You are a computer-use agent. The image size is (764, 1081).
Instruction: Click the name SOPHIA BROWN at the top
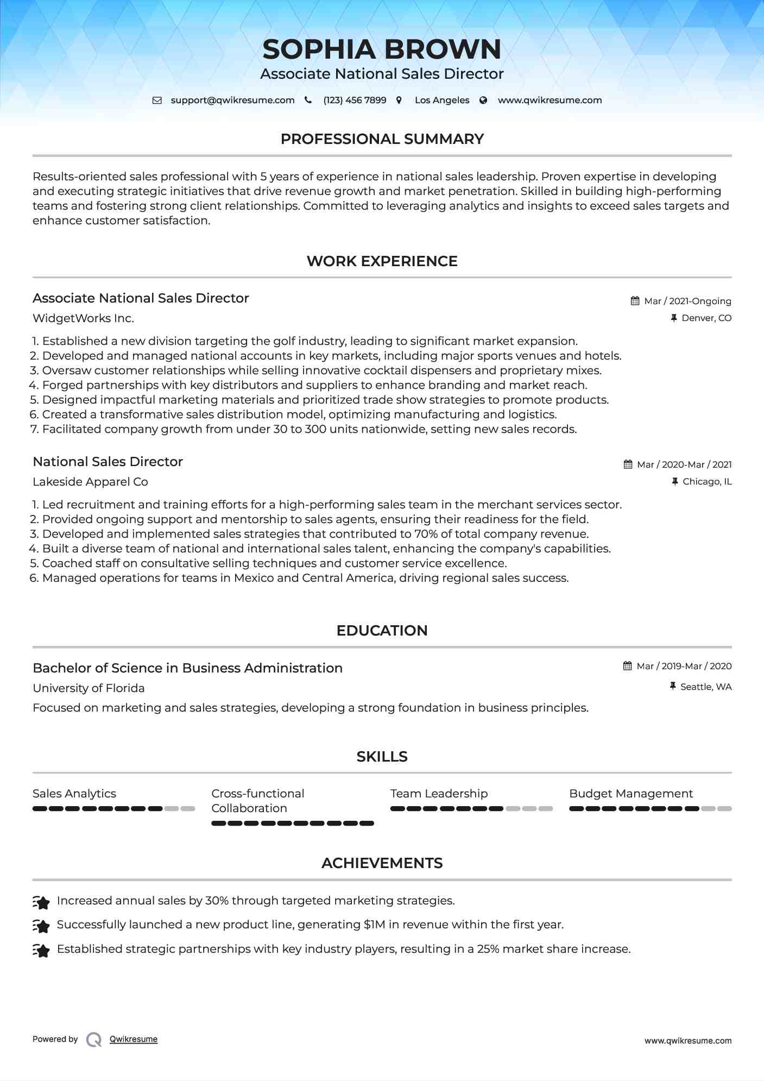(382, 49)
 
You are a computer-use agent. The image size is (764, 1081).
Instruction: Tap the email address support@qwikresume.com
(232, 100)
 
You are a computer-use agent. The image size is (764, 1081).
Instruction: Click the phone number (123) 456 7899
(355, 100)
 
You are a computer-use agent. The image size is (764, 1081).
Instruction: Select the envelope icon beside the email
(157, 100)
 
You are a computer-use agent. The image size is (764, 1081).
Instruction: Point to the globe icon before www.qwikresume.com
(483, 100)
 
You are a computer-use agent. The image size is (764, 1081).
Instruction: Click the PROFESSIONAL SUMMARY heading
(382, 139)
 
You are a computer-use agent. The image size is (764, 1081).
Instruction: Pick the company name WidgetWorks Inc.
(83, 318)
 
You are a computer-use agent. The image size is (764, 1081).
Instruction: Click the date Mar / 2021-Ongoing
(687, 301)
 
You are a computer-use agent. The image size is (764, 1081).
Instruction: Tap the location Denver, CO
(706, 318)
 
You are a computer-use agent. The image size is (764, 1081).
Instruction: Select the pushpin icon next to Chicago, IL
(675, 481)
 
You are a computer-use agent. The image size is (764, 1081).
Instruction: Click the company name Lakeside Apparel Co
(90, 482)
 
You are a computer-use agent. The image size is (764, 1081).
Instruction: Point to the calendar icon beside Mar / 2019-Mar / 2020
(628, 666)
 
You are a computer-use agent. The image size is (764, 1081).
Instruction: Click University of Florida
(89, 688)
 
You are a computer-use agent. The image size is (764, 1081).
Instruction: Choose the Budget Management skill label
(631, 794)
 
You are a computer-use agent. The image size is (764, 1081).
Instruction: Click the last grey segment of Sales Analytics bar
(188, 809)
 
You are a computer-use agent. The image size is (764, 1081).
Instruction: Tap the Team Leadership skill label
(439, 794)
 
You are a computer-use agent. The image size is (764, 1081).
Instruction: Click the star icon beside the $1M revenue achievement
(41, 925)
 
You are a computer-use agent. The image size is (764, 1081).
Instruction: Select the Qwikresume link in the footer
(134, 1039)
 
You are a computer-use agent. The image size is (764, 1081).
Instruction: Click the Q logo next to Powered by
(94, 1039)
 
